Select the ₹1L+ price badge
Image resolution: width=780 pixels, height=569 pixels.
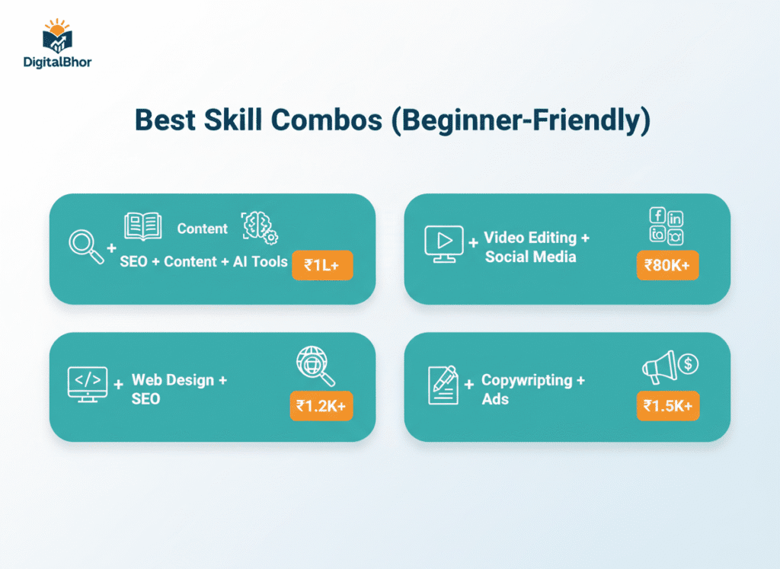(x=322, y=265)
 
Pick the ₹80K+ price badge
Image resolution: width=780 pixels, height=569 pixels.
(x=667, y=265)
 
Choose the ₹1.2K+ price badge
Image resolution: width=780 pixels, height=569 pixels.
(x=321, y=405)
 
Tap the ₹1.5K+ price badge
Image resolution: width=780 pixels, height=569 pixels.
(x=667, y=405)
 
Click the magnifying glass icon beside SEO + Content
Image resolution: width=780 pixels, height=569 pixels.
(x=86, y=246)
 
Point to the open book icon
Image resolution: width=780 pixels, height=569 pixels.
(x=142, y=226)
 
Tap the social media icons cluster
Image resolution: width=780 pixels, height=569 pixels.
(x=667, y=225)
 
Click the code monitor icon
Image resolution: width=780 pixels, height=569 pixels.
(x=88, y=384)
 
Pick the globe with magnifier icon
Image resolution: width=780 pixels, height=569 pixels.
(x=315, y=367)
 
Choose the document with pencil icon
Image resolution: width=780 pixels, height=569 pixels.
(x=443, y=385)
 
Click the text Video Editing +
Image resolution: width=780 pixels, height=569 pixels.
(x=536, y=238)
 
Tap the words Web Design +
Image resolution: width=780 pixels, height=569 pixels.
(x=179, y=379)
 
